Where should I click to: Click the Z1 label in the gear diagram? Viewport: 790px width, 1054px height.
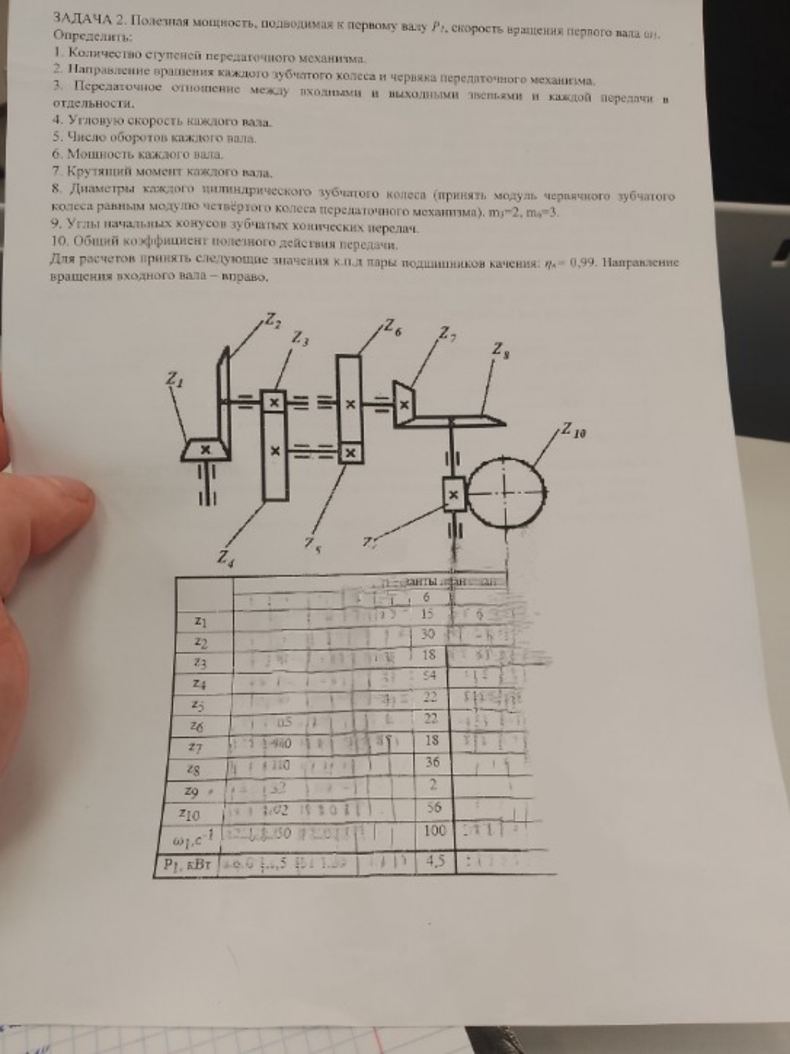coord(173,377)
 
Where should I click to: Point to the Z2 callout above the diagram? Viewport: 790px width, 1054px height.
coord(272,320)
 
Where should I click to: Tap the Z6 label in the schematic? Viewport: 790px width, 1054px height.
coord(394,327)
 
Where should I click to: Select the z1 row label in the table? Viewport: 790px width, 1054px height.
coord(200,622)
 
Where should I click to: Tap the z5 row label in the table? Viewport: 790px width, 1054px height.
coord(198,705)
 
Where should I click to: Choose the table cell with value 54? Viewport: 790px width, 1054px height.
coord(429,676)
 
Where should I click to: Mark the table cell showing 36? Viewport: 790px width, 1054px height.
coord(431,762)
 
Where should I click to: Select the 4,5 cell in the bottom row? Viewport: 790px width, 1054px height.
coord(435,860)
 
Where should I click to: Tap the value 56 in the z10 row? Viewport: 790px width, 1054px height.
coord(433,808)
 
